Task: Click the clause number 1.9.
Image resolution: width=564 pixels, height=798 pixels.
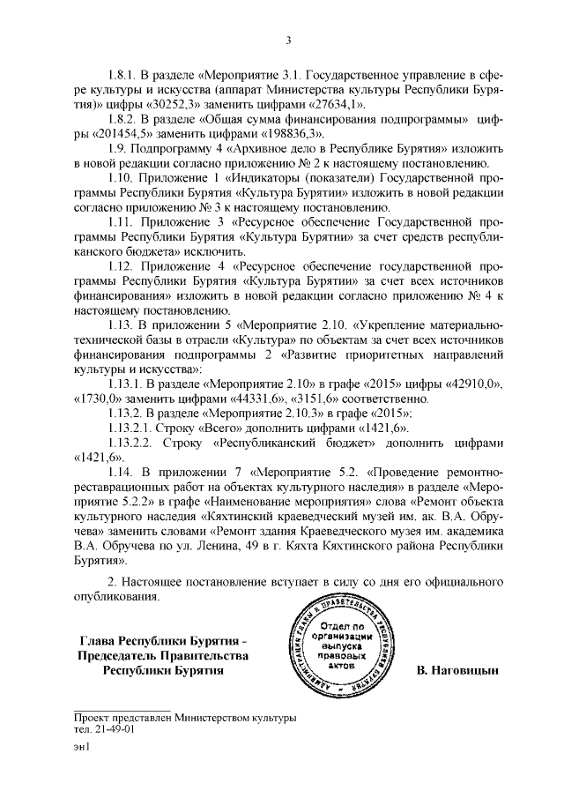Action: (x=118, y=148)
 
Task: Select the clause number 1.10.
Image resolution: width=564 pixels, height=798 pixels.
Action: (x=122, y=178)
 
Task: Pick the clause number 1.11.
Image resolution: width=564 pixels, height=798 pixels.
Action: (x=122, y=222)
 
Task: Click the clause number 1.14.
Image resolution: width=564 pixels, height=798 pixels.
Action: (x=122, y=473)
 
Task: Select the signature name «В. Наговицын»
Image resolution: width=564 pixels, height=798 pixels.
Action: (x=457, y=671)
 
